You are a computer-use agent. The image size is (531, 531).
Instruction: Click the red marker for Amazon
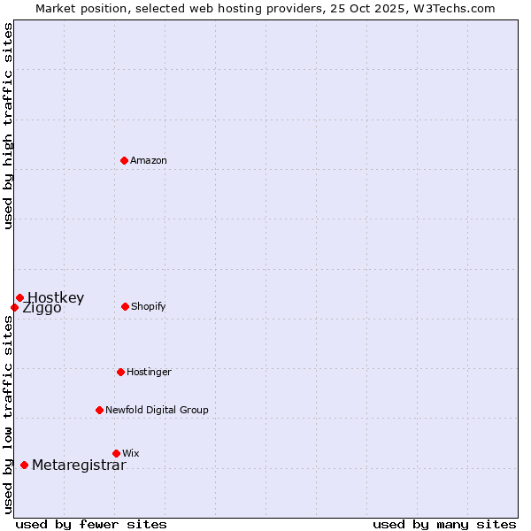pyautogui.click(x=125, y=160)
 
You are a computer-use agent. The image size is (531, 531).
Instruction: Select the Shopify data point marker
pyautogui.click(x=125, y=306)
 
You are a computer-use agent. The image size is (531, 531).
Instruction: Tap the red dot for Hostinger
pyautogui.click(x=120, y=372)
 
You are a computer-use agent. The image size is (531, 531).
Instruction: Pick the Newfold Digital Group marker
pyautogui.click(x=99, y=410)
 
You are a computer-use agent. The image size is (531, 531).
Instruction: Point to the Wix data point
pyautogui.click(x=116, y=453)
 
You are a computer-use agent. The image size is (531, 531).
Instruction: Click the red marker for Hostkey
pyautogui.click(x=19, y=297)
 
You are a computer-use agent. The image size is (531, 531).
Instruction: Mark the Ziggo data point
pyautogui.click(x=14, y=307)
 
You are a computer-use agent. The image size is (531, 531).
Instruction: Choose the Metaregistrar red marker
pyautogui.click(x=24, y=465)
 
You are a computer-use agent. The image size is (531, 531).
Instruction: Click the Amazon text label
pyautogui.click(x=149, y=160)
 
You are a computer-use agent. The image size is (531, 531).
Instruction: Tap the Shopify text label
pyautogui.click(x=149, y=306)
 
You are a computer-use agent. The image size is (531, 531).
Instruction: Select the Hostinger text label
pyautogui.click(x=149, y=372)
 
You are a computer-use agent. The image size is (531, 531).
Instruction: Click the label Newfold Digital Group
pyautogui.click(x=157, y=410)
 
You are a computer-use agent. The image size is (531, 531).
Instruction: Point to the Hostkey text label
pyautogui.click(x=56, y=297)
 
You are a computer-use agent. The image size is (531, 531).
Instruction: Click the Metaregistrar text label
pyautogui.click(x=79, y=466)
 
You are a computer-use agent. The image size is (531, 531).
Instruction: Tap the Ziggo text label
pyautogui.click(x=42, y=309)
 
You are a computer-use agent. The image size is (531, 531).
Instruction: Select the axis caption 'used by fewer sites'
pyautogui.click(x=91, y=524)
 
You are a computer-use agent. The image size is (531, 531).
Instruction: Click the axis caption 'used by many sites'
pyautogui.click(x=444, y=524)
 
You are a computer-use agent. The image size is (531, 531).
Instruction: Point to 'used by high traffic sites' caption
pyautogui.click(x=9, y=126)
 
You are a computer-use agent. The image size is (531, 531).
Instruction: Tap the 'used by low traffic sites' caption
pyautogui.click(x=9, y=413)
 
